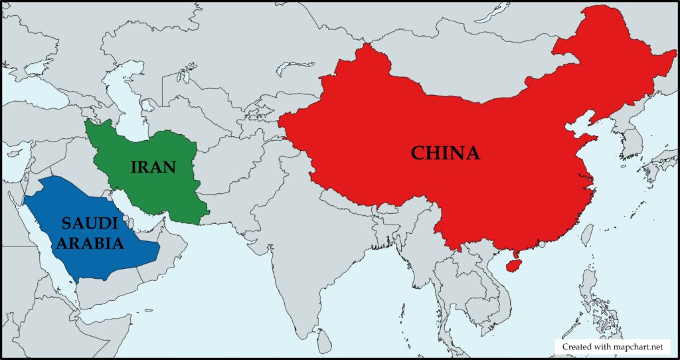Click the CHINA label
445,153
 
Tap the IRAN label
153,166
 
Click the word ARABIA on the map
90,243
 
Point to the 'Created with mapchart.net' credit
612,347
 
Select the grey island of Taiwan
587,234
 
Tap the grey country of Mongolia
465,73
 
